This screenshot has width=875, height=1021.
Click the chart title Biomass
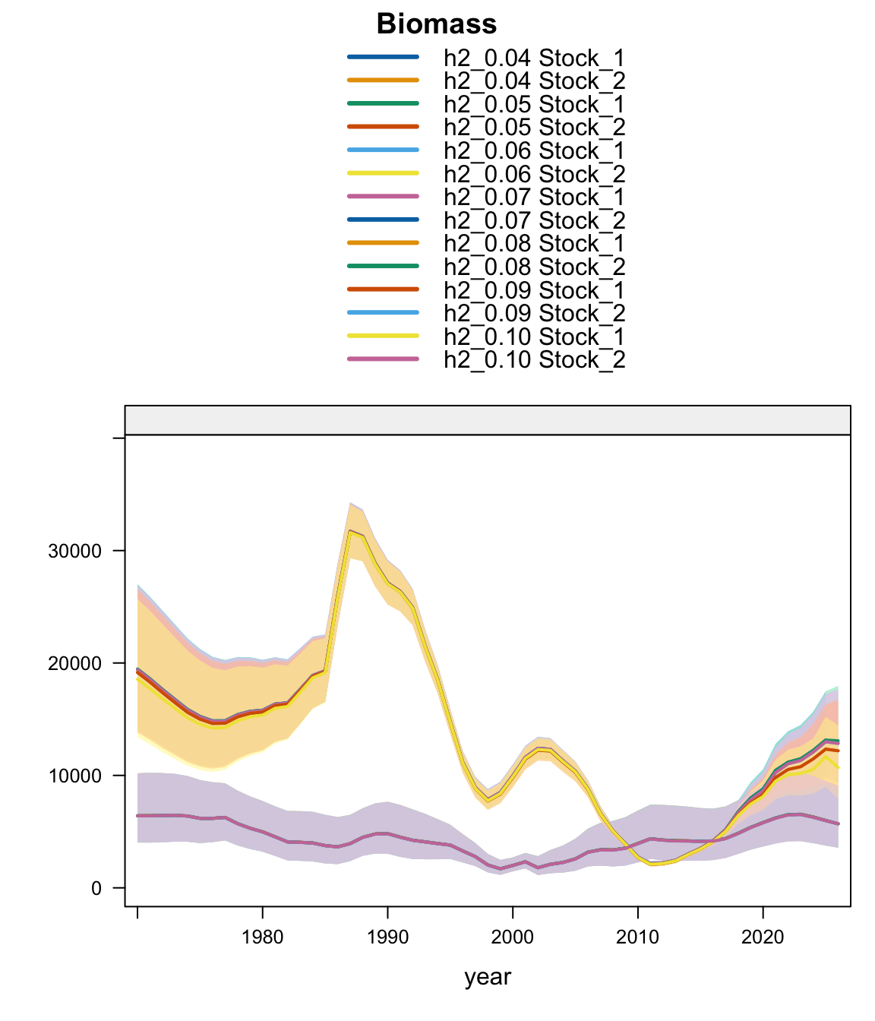437,24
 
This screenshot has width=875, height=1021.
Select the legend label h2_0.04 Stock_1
534,58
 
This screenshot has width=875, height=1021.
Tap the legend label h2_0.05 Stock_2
534,127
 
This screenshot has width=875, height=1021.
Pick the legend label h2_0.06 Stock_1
534,150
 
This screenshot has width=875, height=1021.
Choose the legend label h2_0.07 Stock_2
534,220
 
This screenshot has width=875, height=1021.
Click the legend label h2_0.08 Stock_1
534,243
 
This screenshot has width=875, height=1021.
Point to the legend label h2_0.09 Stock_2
534,313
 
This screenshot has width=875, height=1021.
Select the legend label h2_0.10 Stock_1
534,336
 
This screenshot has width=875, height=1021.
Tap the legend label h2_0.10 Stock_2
534,359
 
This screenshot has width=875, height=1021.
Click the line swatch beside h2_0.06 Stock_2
383,173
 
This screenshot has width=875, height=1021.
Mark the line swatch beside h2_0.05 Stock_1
383,103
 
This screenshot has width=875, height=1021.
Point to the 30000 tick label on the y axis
75,551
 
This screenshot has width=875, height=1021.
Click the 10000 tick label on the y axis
75,776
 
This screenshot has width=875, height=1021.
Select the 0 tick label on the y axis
96,888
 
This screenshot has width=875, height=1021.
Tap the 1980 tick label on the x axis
262,937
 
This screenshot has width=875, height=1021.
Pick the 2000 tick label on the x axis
513,937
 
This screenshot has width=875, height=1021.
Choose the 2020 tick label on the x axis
763,937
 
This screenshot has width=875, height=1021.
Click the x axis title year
488,977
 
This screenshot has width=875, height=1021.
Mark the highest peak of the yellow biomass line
350,532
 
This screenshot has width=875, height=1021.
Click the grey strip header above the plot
488,420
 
